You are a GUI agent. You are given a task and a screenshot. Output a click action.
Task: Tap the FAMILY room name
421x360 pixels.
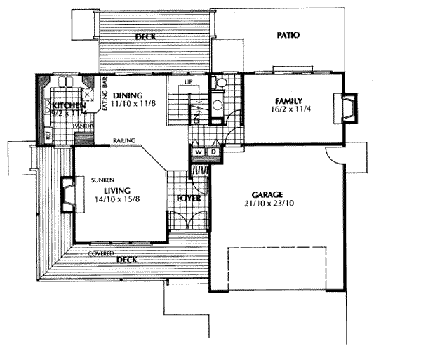(288, 100)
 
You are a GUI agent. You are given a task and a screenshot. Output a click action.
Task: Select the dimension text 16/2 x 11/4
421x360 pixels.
(288, 109)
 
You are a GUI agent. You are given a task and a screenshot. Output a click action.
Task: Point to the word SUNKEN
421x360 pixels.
(102, 180)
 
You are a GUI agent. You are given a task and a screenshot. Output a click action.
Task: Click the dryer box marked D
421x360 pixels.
(212, 152)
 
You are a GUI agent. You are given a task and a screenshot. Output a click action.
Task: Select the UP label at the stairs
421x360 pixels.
(188, 81)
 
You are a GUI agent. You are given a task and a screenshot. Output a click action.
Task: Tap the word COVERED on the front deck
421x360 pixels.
(101, 253)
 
